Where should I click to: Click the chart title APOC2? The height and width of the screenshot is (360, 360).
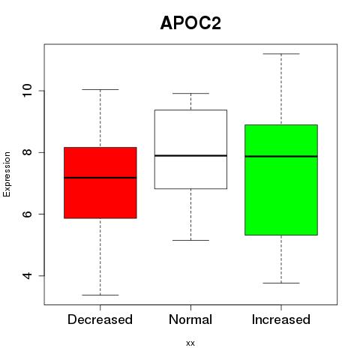click(190, 23)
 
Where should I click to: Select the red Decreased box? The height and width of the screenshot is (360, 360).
click(100, 183)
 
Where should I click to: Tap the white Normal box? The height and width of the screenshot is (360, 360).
click(190, 149)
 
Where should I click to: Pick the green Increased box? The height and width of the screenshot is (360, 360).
click(281, 180)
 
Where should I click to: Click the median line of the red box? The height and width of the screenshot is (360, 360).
click(100, 178)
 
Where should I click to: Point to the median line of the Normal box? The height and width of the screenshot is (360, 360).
click(190, 155)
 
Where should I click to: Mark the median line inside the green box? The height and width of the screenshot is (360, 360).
click(281, 157)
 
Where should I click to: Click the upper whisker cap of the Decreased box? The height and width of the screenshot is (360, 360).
click(100, 89)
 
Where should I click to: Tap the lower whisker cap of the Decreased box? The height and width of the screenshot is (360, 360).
click(100, 295)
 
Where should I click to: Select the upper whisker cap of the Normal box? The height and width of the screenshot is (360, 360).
click(190, 94)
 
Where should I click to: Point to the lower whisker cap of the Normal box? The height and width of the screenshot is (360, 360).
click(190, 240)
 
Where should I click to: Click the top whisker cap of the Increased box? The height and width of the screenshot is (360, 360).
click(281, 54)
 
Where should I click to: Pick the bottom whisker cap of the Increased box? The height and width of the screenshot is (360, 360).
click(281, 283)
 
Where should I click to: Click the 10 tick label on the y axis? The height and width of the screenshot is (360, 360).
click(27, 91)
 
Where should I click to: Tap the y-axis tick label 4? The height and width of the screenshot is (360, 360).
click(27, 276)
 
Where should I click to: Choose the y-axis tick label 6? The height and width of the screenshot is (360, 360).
click(27, 214)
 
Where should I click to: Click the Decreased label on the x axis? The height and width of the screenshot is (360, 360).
click(100, 319)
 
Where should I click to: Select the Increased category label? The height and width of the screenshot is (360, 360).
click(281, 319)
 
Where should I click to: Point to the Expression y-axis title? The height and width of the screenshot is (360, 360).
click(7, 174)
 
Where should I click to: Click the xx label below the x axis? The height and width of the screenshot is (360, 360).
click(190, 343)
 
